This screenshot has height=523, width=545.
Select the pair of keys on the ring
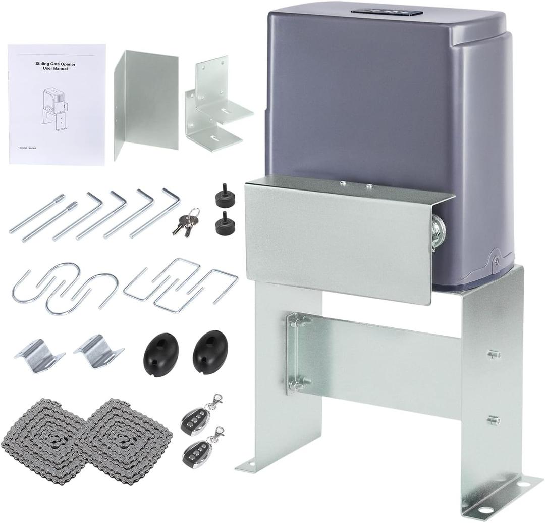point(186,223)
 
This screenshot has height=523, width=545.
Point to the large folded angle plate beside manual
point(146,104)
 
